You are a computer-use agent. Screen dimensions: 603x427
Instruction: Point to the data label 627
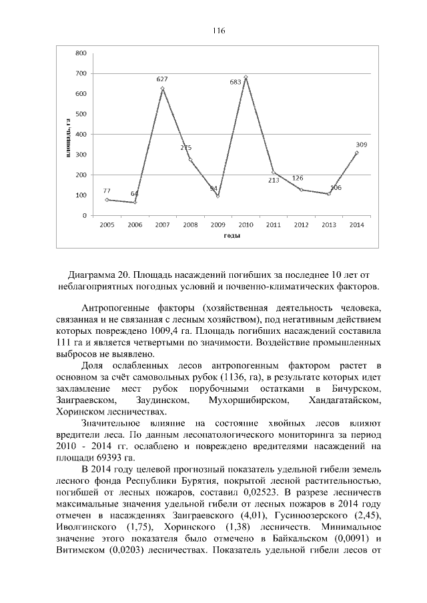click(161, 79)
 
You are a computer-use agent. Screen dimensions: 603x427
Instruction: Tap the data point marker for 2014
click(356, 153)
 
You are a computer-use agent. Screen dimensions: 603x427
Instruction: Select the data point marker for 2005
click(107, 199)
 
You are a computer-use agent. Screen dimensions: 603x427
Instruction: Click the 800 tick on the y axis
click(80, 53)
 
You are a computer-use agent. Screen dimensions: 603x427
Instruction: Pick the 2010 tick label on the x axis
click(246, 225)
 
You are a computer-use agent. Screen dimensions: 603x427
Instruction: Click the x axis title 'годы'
click(232, 236)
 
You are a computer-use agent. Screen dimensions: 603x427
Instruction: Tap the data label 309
click(361, 144)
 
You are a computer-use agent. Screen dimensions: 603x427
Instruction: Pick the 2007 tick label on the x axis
click(162, 225)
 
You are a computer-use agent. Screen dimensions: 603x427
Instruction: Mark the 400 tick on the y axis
click(80, 135)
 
